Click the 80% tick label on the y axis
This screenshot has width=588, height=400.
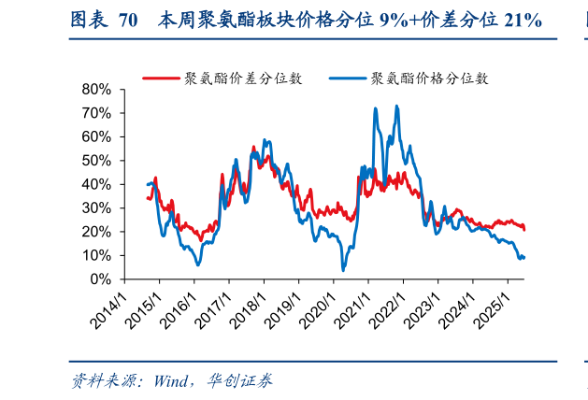[97, 89]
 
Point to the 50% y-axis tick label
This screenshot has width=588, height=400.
[97, 161]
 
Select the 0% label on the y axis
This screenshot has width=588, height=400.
[101, 279]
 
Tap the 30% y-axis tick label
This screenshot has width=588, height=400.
[97, 208]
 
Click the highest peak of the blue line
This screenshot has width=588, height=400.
[397, 106]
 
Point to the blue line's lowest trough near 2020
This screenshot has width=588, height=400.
[343, 270]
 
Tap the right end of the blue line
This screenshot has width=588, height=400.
[523, 257]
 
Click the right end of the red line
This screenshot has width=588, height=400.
[524, 229]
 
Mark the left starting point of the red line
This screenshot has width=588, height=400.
[148, 198]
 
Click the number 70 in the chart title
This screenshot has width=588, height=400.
[129, 20]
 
